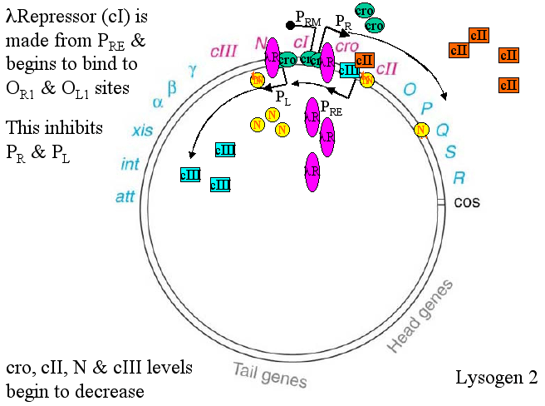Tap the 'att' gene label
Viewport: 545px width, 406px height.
(125, 197)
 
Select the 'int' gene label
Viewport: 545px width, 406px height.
(130, 164)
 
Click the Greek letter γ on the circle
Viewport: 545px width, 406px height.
(193, 70)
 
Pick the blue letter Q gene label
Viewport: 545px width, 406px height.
(442, 130)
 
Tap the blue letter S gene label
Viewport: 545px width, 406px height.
(451, 152)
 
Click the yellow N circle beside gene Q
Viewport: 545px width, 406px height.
(422, 129)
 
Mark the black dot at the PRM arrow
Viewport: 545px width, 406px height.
(289, 25)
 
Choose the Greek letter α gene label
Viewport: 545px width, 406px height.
(158, 102)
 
